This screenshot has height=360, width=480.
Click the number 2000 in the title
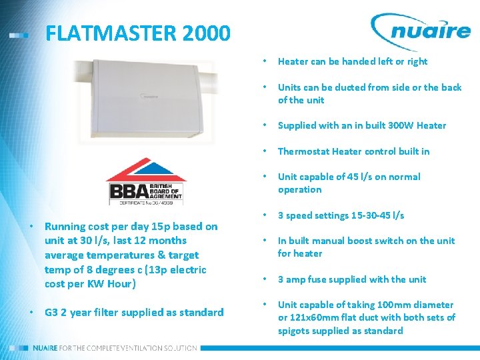click(203, 33)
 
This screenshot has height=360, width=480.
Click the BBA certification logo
click(147, 181)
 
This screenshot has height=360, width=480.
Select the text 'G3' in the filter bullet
click(51, 312)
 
